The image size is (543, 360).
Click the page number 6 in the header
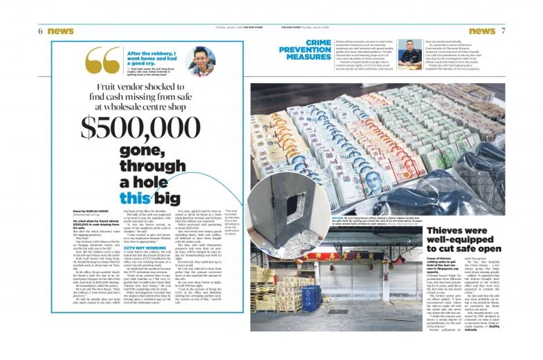click(41, 32)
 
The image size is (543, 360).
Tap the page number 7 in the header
click(503, 31)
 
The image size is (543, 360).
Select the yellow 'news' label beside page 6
click(61, 32)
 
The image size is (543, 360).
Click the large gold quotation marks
click(102, 60)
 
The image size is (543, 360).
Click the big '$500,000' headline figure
click(140, 127)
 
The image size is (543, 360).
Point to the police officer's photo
click(410, 54)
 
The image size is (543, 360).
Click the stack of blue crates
click(311, 297)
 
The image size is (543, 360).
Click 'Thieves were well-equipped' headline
click(464, 239)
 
